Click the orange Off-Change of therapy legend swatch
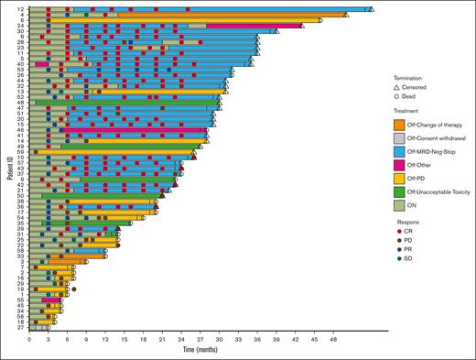[x=400, y=125]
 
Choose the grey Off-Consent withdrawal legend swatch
[x=400, y=139]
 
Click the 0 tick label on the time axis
[x=29, y=338]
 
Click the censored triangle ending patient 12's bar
[x=369, y=8]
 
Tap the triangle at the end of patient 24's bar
[x=303, y=26]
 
